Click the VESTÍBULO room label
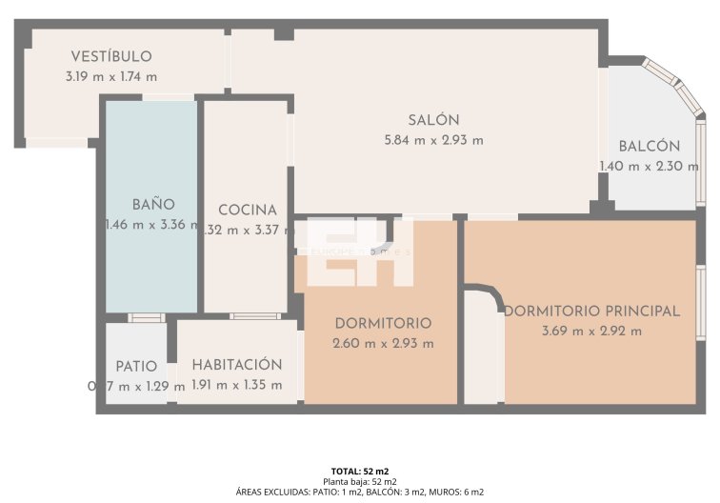click(x=110, y=56)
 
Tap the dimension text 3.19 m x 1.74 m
click(x=111, y=76)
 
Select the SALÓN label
click(x=433, y=120)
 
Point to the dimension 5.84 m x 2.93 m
click(x=433, y=140)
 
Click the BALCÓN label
click(x=649, y=146)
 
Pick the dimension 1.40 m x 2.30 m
click(x=649, y=166)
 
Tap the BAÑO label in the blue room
click(x=152, y=204)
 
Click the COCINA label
click(x=247, y=210)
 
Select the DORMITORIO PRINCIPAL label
click(x=591, y=311)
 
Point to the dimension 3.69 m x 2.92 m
click(x=591, y=331)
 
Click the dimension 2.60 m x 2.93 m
click(x=383, y=343)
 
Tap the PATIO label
click(x=136, y=366)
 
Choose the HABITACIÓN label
click(x=237, y=365)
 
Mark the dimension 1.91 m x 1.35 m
click(x=237, y=385)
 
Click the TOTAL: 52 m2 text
click(x=359, y=472)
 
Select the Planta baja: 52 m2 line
click(x=359, y=482)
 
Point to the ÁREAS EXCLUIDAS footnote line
click(x=359, y=493)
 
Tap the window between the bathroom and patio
click(x=146, y=317)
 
